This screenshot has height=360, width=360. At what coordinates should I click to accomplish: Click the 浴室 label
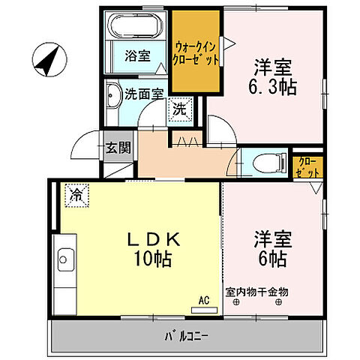coord(136,55)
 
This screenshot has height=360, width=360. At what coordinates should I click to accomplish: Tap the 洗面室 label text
coord(144,94)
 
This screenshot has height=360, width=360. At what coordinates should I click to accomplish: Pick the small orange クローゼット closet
coord(307,165)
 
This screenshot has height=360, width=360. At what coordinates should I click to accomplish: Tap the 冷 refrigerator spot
coord(76,195)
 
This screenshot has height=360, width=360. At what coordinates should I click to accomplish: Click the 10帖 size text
coord(153,259)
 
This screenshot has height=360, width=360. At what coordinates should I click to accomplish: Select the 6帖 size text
coord(269,259)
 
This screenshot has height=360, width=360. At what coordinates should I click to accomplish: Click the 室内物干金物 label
coord(256,291)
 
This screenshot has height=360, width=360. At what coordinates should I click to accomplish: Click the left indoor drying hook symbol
coord(236,302)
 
